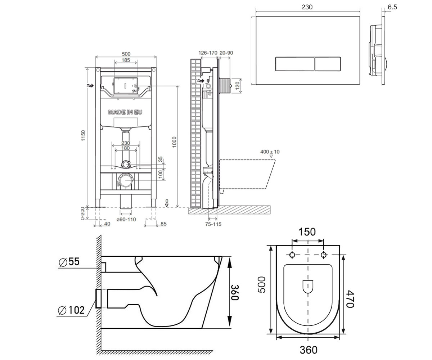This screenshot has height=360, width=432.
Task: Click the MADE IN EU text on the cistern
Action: point(125,112)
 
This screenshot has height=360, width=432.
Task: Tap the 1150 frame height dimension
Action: point(83,135)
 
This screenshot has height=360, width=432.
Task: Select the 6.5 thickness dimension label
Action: point(392,7)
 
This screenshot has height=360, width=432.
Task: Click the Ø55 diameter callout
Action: point(69,262)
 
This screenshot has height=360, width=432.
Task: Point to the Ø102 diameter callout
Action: point(71,310)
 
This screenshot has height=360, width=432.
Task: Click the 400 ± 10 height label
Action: point(270,152)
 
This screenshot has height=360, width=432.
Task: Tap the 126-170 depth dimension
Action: point(208,53)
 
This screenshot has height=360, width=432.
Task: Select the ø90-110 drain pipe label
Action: point(126,220)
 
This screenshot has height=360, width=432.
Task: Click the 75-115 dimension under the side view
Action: point(213,224)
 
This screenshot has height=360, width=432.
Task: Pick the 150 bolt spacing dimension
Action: point(307,232)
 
